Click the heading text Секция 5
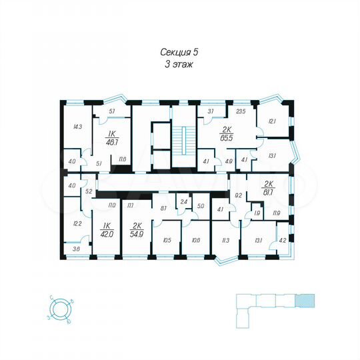[179, 51]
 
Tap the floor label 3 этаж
[179, 63]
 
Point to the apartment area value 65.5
[226, 139]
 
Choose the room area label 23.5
[241, 113]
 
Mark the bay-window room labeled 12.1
[272, 121]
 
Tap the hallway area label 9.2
[238, 195]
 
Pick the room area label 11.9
[275, 213]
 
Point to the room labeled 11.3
[225, 241]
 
